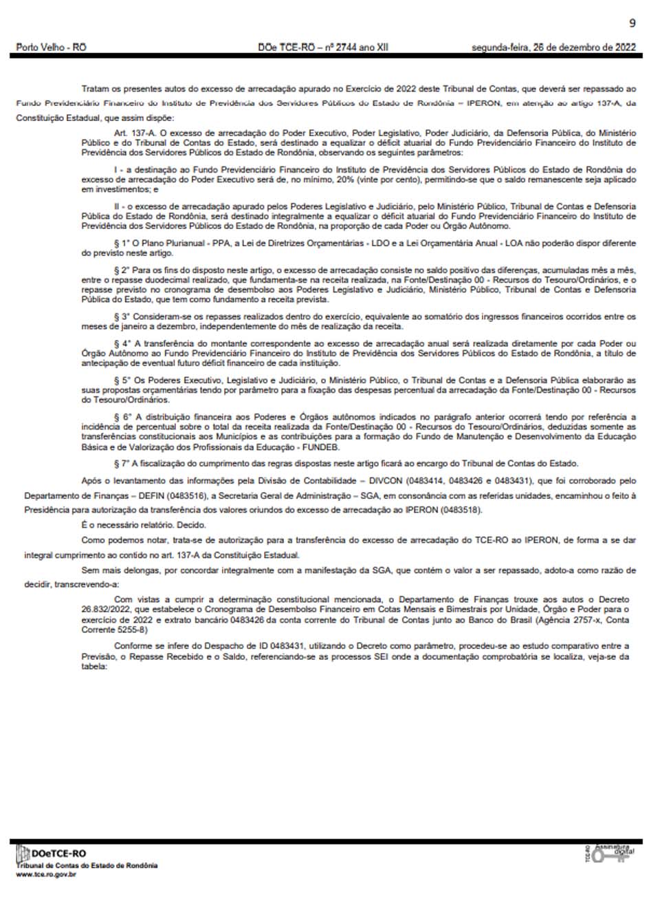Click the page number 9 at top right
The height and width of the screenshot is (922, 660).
point(632,23)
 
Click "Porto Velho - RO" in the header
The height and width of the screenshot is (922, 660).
point(52,47)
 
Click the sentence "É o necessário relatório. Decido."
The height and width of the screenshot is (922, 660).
point(143,525)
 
